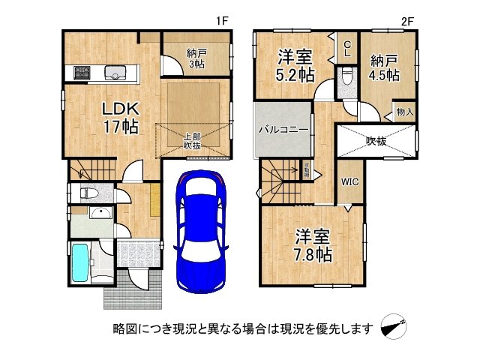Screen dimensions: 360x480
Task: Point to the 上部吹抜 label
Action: (x=192, y=141)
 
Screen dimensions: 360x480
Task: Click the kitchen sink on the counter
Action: (x=114, y=73)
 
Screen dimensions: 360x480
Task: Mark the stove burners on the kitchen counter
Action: (x=80, y=73)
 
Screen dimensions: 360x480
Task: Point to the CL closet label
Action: (x=347, y=49)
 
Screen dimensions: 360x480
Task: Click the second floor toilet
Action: (x=346, y=77)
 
